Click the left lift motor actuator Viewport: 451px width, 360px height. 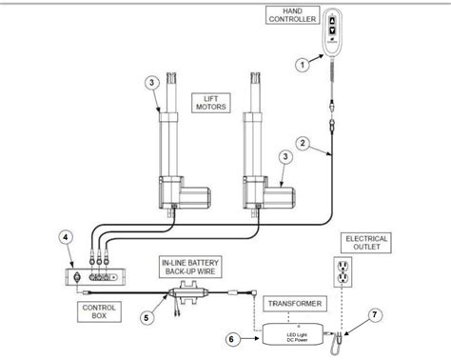pos(174,152)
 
